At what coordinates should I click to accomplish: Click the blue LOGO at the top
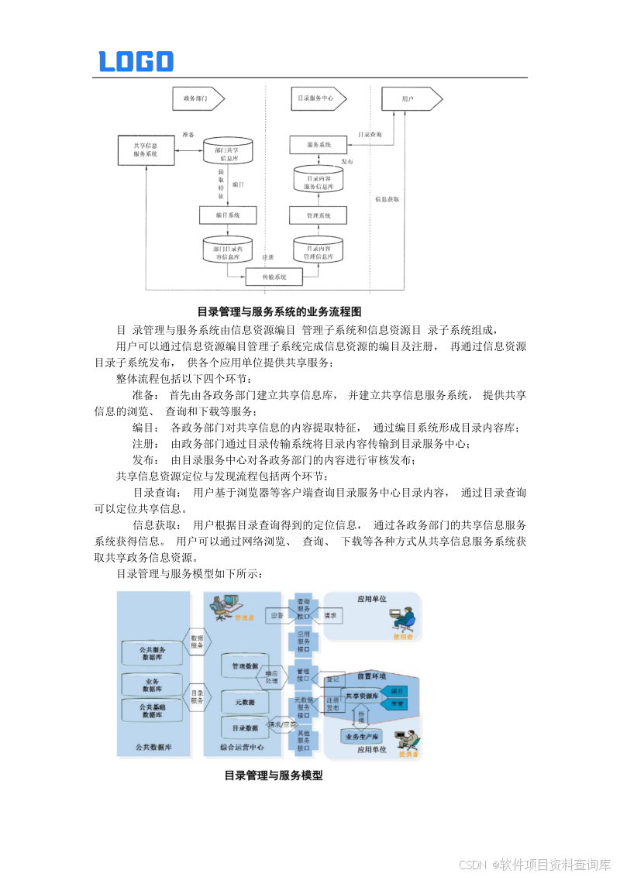[136, 61]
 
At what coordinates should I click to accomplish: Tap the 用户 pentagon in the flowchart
[411, 99]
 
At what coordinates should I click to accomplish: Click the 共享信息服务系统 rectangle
[146, 150]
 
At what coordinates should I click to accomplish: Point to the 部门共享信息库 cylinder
[226, 150]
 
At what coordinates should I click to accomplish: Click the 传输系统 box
[274, 277]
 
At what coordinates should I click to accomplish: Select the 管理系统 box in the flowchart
[318, 215]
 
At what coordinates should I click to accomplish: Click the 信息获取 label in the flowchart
[387, 199]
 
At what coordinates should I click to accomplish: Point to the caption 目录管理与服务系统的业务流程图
[279, 311]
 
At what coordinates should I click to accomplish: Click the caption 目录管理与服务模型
[273, 775]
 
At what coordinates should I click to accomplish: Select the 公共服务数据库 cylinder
[152, 653]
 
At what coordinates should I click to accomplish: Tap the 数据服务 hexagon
[197, 641]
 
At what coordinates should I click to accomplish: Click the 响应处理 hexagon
[272, 677]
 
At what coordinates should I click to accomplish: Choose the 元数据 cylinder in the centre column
[244, 702]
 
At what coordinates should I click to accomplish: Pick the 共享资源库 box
[361, 696]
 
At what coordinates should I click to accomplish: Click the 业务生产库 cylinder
[363, 736]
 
